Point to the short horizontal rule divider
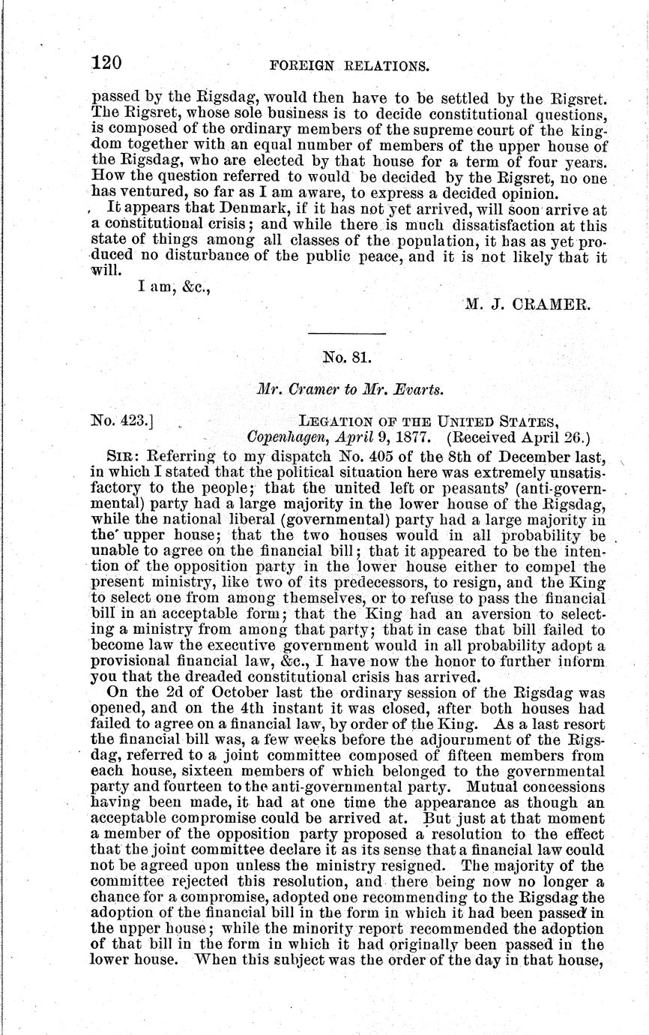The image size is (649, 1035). pos(347,333)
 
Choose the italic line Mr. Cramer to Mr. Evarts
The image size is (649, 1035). pos(347,390)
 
